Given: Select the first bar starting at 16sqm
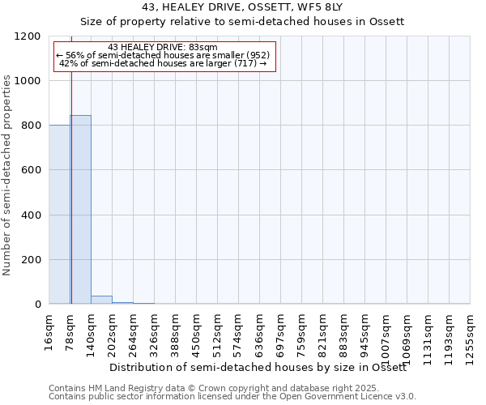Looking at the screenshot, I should click(x=59, y=215).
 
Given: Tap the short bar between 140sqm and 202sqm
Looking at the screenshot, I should click(x=101, y=300).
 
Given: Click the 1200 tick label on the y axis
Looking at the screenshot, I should click(x=28, y=36).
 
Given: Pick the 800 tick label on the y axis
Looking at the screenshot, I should click(x=31, y=126).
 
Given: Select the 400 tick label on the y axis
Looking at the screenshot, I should click(x=31, y=215).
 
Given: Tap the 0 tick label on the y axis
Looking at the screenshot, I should click(x=37, y=305).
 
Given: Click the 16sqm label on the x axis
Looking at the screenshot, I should click(x=49, y=330).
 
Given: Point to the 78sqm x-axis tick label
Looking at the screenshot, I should click(x=70, y=330).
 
